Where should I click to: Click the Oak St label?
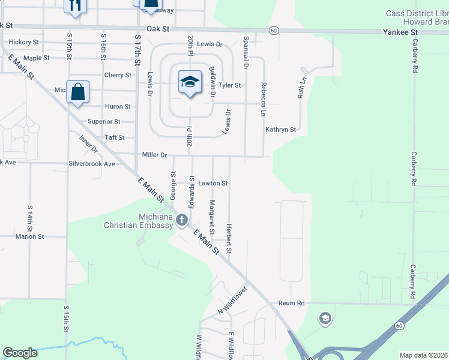pos(159,29)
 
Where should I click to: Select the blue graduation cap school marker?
pos(189,82)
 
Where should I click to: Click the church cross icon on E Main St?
pos(182,221)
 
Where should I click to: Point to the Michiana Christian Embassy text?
pos(139,221)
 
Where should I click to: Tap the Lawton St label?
pos(213,183)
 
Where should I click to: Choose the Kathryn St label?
pos(281,130)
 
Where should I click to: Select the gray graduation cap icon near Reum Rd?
pos(325,318)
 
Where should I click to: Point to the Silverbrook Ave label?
pos(91,163)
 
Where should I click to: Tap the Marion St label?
pos(30,236)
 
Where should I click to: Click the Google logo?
pos(20,353)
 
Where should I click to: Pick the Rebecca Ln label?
pos(262,100)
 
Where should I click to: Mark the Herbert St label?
pos(229,238)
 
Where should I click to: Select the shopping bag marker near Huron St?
pos(77,92)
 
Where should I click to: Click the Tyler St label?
pos(229,85)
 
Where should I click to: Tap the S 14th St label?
pos(29,218)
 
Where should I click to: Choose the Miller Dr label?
pos(154,155)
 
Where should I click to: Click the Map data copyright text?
pos(423,355)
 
